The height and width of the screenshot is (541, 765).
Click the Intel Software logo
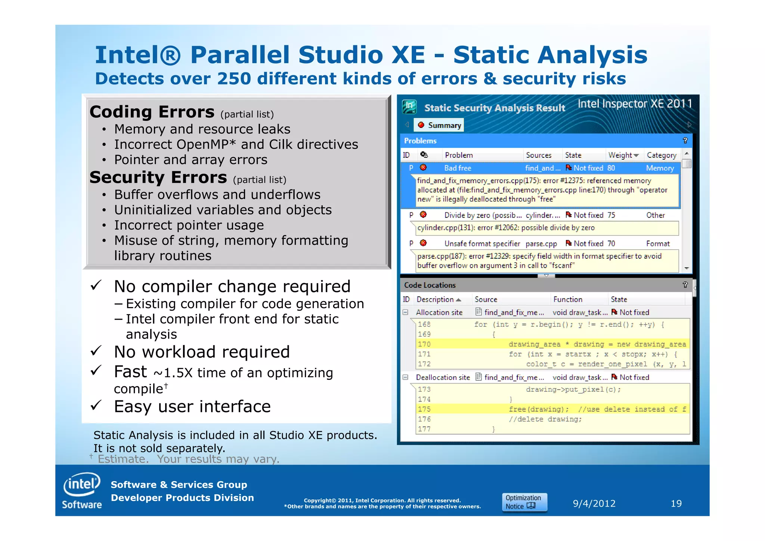(82, 491)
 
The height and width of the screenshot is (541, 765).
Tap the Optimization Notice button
(524, 502)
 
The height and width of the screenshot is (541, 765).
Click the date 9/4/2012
(594, 504)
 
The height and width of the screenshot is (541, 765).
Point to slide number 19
(676, 504)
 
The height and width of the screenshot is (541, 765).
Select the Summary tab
(440, 125)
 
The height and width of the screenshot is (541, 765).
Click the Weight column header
(623, 155)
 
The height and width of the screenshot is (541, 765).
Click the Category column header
(661, 155)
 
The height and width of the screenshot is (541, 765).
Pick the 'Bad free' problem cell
(458, 168)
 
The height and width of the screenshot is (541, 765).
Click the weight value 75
(611, 215)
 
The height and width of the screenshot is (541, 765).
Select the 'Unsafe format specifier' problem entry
(482, 244)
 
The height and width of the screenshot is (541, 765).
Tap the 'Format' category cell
(657, 244)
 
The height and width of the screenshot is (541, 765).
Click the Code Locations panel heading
(430, 285)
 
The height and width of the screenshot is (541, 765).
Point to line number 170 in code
(424, 344)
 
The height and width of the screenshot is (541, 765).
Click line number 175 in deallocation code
(424, 409)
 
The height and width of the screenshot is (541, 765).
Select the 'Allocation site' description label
(439, 313)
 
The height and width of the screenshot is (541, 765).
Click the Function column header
(567, 299)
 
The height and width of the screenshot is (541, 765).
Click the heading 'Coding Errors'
(152, 112)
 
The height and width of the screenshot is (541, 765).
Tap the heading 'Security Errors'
(158, 178)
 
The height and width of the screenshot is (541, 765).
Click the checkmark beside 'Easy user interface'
(96, 405)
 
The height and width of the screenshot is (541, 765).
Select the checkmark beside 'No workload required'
(96, 351)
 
